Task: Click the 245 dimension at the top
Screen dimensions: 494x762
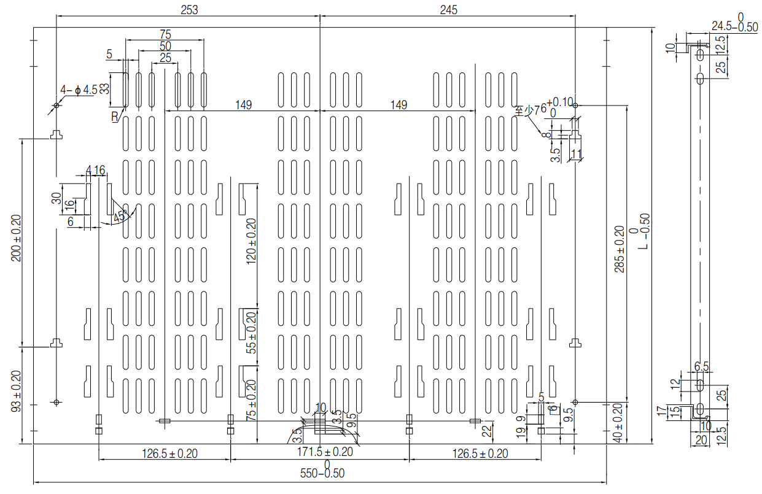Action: click(x=449, y=9)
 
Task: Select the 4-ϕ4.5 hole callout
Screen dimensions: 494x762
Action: click(x=79, y=90)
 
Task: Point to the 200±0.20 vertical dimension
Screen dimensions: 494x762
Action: click(x=16, y=238)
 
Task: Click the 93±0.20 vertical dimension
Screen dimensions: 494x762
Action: click(x=16, y=390)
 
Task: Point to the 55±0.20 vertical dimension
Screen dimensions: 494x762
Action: click(x=251, y=332)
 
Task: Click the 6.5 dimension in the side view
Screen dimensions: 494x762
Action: click(x=701, y=366)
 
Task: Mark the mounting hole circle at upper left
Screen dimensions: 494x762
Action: click(x=56, y=106)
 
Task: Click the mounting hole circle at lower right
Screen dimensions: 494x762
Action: click(x=575, y=402)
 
